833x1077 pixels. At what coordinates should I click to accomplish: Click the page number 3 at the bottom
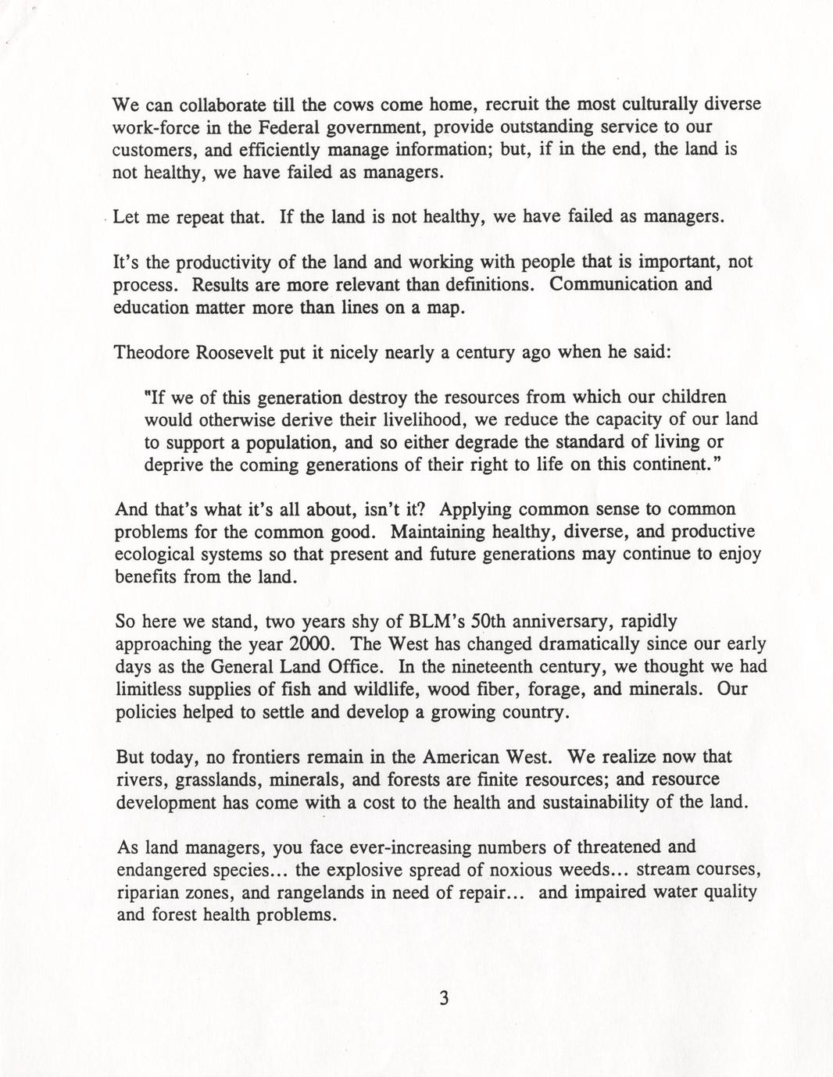(x=444, y=998)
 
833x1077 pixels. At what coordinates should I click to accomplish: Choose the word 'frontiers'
(x=263, y=757)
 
